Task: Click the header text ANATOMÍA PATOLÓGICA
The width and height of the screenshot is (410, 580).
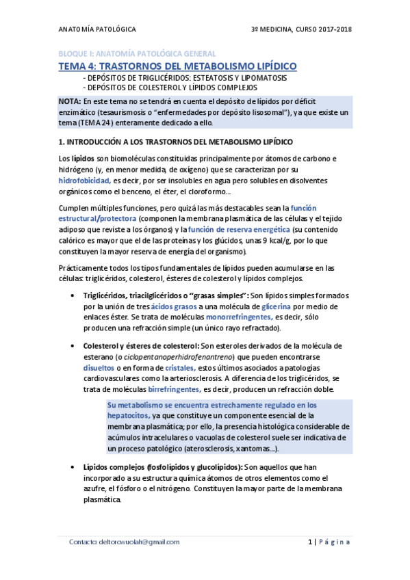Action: point(97,29)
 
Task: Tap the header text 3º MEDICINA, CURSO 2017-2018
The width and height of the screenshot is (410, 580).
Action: point(301,29)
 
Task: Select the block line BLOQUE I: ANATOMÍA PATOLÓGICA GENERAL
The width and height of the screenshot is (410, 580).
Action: point(136,53)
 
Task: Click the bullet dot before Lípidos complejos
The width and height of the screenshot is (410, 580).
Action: point(73,466)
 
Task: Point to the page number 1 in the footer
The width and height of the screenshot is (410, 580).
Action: point(309,542)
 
